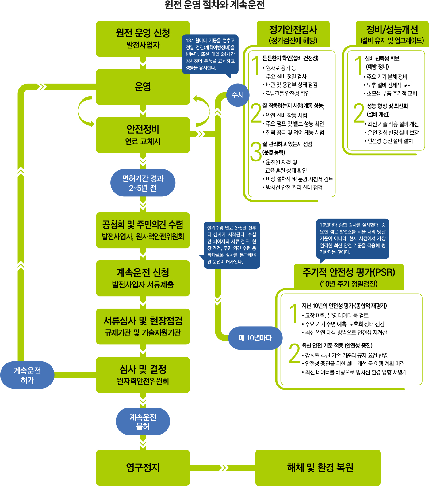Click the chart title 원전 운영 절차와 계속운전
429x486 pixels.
(x=214, y=5)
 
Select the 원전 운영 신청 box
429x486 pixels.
(x=143, y=39)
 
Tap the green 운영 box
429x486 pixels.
(x=143, y=87)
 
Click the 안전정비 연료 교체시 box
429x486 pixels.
(x=143, y=135)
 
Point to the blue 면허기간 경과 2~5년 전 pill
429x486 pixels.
(x=143, y=183)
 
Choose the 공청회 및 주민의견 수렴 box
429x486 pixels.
(x=143, y=230)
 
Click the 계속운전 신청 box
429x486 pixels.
(x=143, y=278)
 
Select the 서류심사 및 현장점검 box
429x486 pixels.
(x=143, y=326)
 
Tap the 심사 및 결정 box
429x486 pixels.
(x=143, y=375)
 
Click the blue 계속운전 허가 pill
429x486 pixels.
(x=27, y=375)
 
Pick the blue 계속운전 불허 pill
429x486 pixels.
(x=143, y=421)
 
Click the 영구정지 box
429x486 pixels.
(x=143, y=468)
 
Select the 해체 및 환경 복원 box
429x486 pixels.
(x=318, y=468)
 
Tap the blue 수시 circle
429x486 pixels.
(x=238, y=95)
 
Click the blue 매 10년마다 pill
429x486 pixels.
(x=255, y=338)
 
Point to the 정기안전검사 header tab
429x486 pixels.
(x=293, y=34)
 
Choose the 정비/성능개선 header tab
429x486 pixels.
(x=392, y=34)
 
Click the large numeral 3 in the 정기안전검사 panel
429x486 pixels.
(x=256, y=151)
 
